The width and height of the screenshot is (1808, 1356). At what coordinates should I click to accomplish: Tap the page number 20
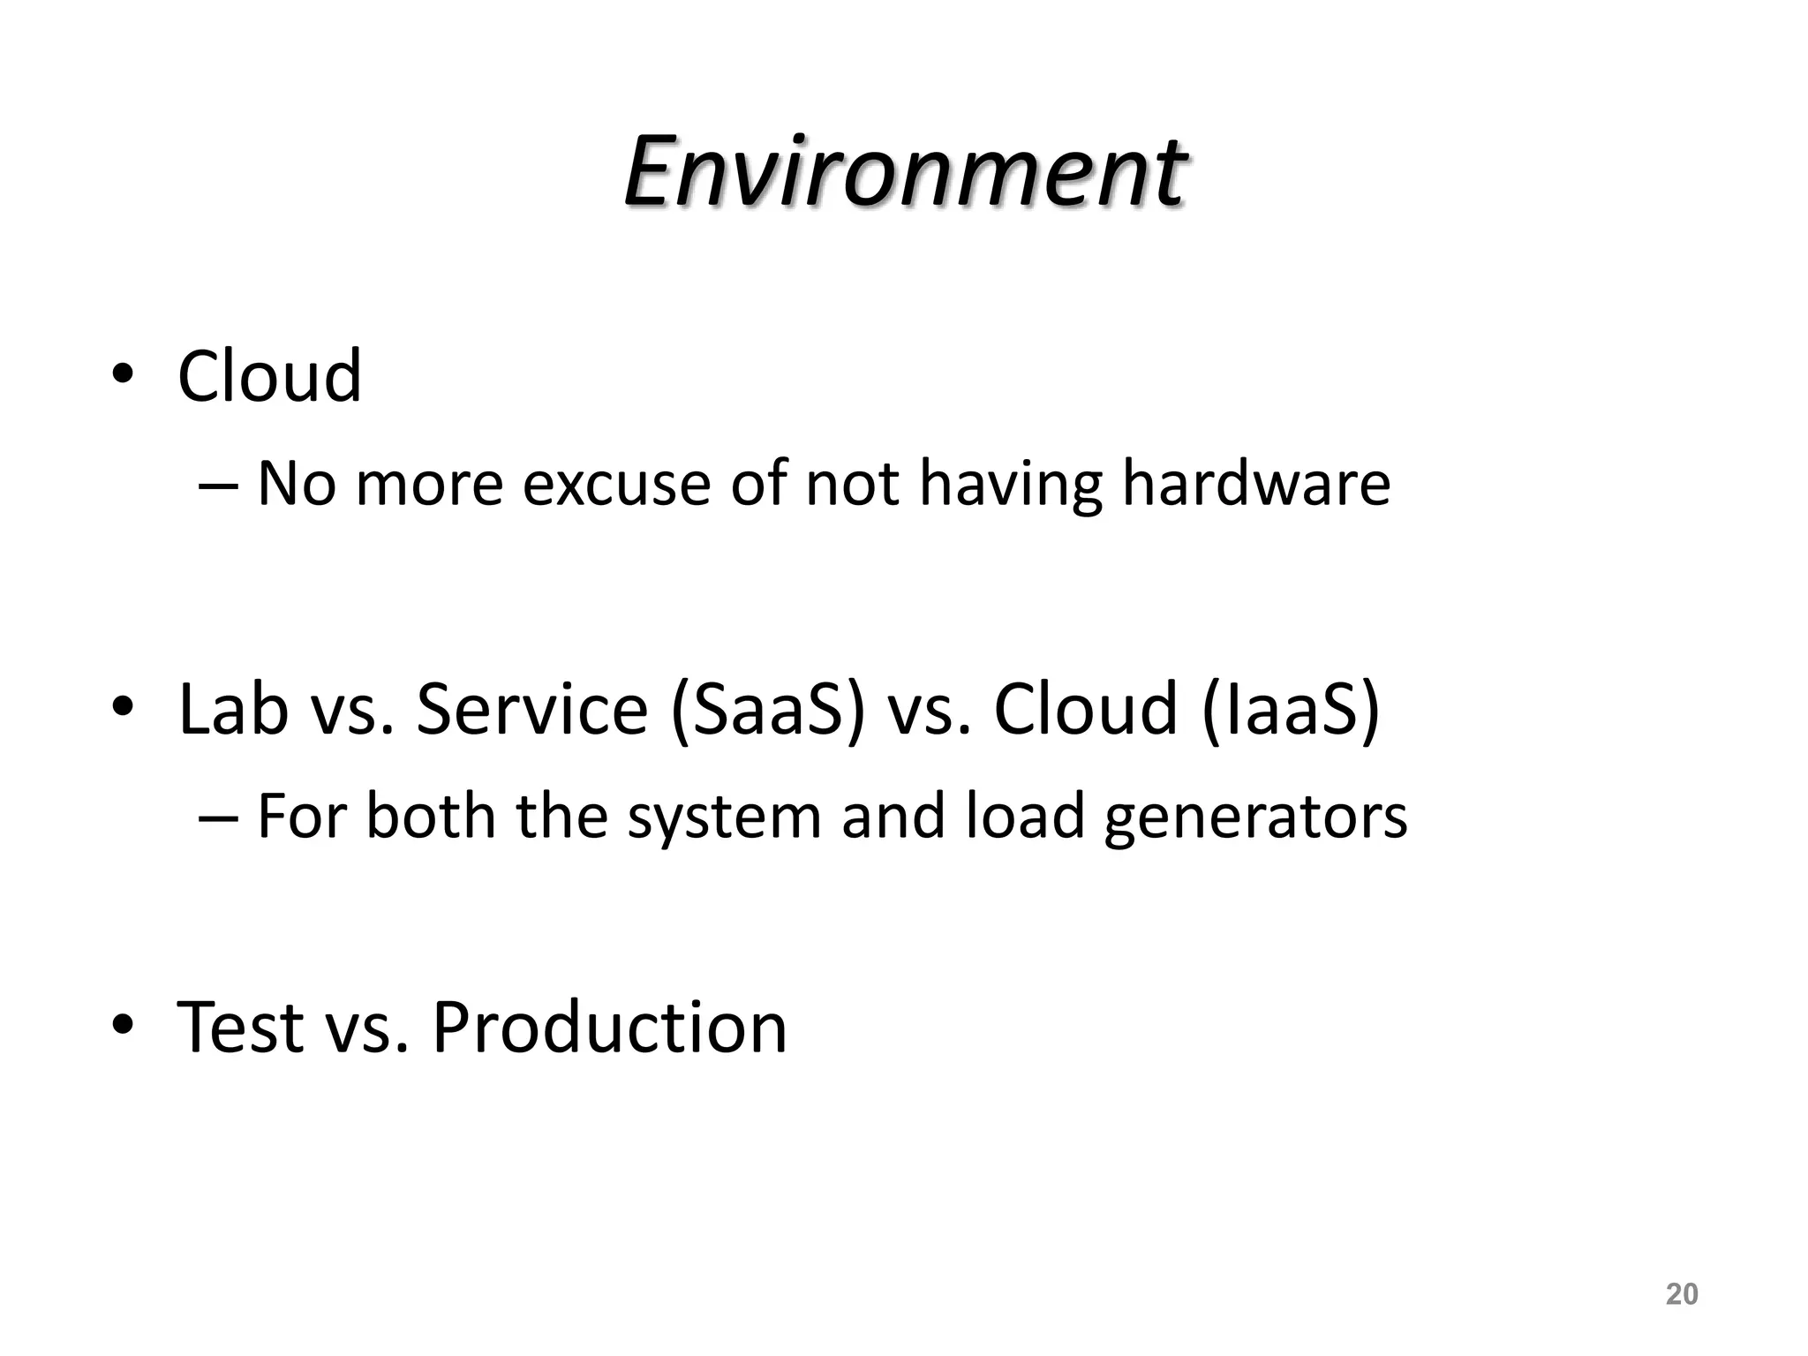pos(1681,1293)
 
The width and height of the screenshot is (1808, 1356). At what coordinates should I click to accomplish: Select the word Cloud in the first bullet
pos(269,376)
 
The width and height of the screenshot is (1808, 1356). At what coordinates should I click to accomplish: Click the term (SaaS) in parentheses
pos(767,710)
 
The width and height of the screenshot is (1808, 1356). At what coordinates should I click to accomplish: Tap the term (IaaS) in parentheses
pos(1291,710)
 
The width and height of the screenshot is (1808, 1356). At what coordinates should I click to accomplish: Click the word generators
pos(1255,817)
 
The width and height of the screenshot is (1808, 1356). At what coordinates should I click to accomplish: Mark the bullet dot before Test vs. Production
pos(123,1025)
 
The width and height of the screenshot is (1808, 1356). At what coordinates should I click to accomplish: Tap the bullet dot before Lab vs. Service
pos(123,707)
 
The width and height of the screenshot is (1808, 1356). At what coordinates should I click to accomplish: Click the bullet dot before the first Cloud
pos(123,374)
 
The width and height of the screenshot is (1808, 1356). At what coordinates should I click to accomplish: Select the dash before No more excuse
pos(218,485)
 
